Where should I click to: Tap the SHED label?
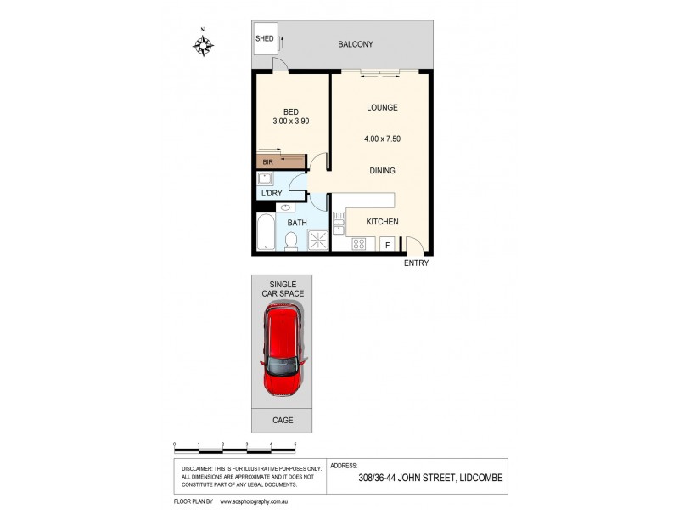(265, 39)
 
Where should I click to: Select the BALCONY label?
(355, 44)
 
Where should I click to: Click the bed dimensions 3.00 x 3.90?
(291, 122)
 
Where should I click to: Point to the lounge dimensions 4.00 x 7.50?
(382, 139)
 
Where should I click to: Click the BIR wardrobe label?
(267, 161)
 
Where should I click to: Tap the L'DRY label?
(272, 194)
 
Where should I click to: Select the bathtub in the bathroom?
(265, 230)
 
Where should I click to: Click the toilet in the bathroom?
(291, 241)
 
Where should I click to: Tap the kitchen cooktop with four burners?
(359, 244)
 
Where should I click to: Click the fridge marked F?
(388, 245)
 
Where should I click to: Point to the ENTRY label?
(416, 263)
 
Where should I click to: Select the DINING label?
(382, 171)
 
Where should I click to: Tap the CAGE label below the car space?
(282, 420)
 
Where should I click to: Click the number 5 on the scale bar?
(295, 445)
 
